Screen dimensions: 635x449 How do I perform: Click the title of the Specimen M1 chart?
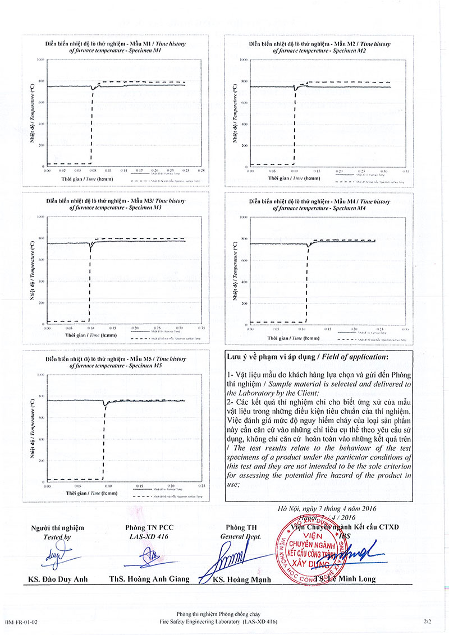(116, 47)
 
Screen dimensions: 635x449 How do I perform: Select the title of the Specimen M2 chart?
(319, 47)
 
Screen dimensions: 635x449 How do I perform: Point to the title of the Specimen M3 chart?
(116, 204)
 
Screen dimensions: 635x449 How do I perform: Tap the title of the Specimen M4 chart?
(319, 204)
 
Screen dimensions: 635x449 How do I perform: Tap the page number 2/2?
(429, 622)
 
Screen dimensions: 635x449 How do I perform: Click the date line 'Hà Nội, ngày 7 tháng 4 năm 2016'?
(327, 508)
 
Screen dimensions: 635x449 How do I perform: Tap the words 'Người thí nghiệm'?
(58, 528)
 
